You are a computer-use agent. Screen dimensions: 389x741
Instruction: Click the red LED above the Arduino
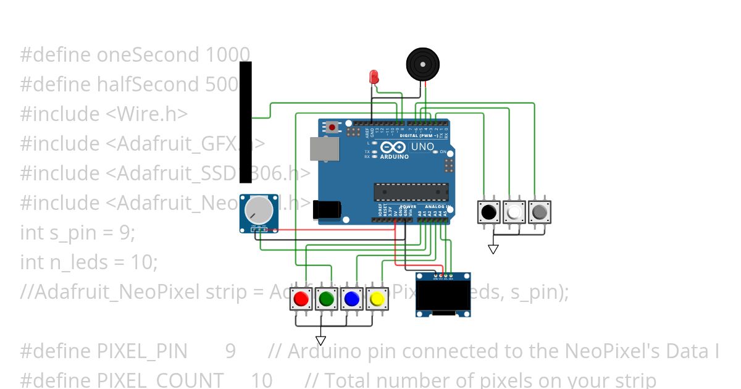374,77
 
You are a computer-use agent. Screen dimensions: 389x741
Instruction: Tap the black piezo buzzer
423,64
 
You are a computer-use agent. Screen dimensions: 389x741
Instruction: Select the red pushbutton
301,299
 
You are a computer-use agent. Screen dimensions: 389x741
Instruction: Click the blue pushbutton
352,299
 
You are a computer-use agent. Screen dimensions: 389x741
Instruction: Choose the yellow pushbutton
377,299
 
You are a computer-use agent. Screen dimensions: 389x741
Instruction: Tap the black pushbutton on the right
489,212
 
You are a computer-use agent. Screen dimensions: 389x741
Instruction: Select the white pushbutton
514,212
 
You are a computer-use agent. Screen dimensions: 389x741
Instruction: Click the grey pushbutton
539,212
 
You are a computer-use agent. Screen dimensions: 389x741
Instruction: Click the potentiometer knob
258,211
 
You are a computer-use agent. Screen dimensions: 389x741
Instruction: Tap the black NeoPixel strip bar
245,122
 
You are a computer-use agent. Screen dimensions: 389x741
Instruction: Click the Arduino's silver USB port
324,149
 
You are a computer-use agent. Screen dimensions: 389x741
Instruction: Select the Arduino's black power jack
325,211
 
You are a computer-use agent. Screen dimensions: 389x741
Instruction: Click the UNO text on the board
422,147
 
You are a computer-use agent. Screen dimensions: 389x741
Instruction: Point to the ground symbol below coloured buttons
320,340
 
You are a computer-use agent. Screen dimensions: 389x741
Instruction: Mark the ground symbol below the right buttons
493,249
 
